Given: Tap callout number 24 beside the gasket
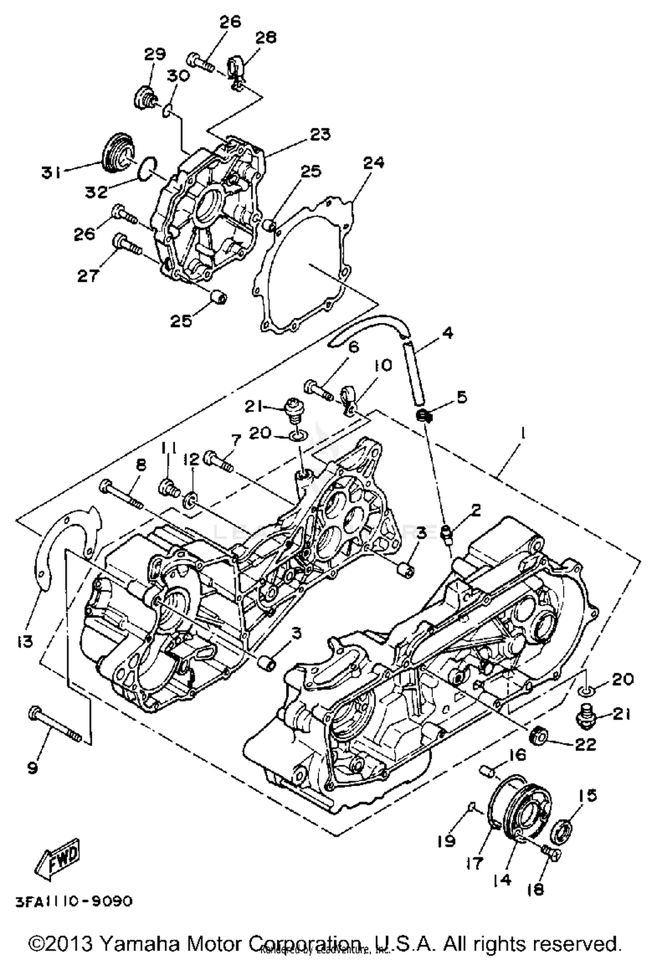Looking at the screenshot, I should coord(374,163).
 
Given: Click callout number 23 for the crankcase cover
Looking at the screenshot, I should coord(320,134).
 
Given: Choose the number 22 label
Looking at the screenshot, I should coord(585,744).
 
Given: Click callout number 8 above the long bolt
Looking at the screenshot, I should coord(141,466).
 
